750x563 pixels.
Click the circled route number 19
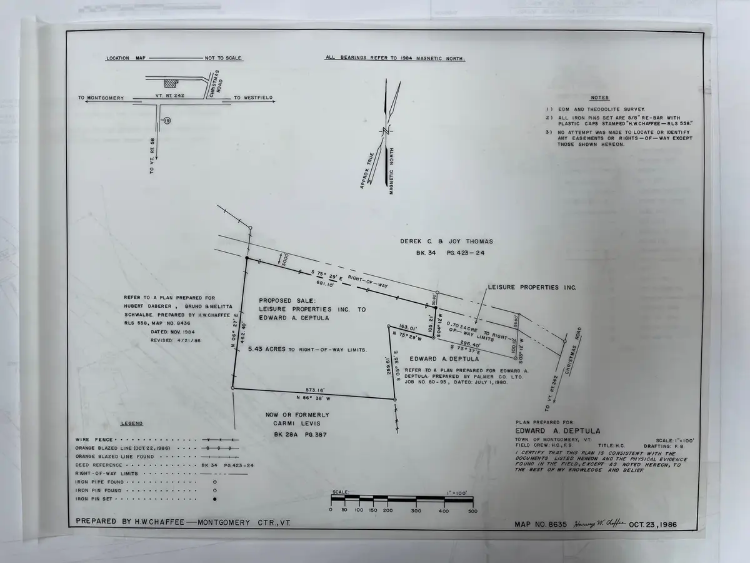(166, 120)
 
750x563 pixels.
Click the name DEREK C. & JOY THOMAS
(446, 241)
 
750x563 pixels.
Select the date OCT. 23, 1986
(653, 524)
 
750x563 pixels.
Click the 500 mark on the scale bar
(472, 510)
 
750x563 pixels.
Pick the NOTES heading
(599, 98)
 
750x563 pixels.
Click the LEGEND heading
(131, 424)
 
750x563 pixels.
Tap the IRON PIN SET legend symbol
(215, 499)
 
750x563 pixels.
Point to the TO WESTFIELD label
(253, 98)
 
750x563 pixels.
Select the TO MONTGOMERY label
(101, 98)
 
